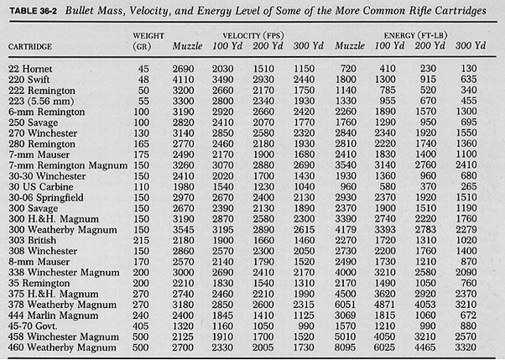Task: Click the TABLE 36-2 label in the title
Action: (x=34, y=11)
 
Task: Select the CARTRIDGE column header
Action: (x=30, y=47)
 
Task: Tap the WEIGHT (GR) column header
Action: (x=148, y=41)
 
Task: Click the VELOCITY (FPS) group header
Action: (x=253, y=35)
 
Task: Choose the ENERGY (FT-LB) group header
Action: (x=415, y=35)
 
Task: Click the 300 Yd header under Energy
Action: (x=471, y=45)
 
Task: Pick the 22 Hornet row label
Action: (x=30, y=69)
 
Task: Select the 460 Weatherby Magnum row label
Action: (x=62, y=347)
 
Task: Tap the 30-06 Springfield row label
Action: (x=46, y=197)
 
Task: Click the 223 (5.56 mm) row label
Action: (x=41, y=102)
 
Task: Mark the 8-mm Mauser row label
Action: (x=39, y=262)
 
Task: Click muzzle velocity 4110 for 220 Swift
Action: (x=183, y=80)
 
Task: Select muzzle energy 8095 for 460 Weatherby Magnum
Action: (x=346, y=347)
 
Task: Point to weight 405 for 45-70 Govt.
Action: (x=141, y=326)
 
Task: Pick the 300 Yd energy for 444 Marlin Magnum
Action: (x=469, y=316)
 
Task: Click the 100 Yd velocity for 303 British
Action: (x=223, y=241)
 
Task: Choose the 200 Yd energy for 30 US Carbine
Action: (x=428, y=187)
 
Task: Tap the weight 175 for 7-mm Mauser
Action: (x=141, y=154)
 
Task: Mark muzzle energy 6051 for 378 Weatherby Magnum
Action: (x=346, y=305)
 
